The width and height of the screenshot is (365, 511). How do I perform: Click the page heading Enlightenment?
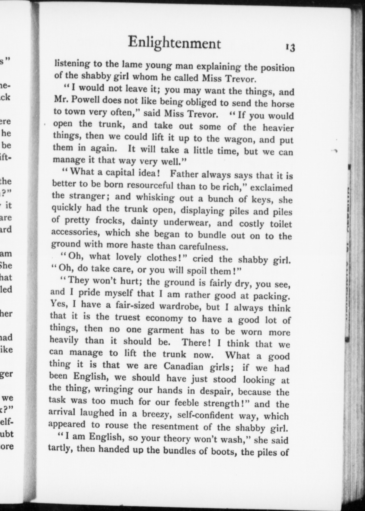click(x=175, y=43)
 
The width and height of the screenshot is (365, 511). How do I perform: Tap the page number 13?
click(x=290, y=48)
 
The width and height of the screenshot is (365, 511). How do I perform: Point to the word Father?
click(x=184, y=174)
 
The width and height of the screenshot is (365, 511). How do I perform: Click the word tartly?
click(x=60, y=449)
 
